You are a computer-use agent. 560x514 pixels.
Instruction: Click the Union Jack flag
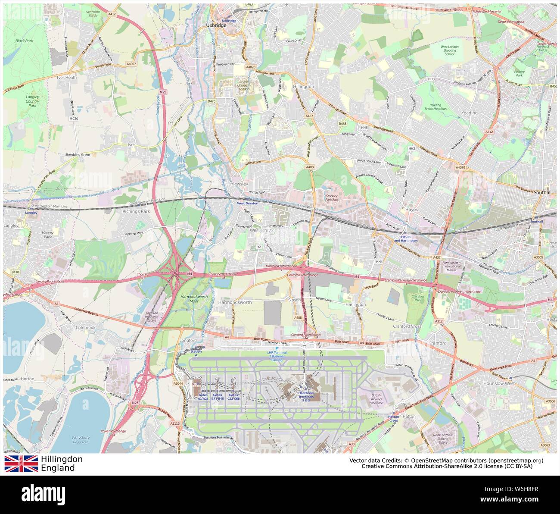[21, 464]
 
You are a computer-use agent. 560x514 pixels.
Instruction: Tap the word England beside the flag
[58, 468]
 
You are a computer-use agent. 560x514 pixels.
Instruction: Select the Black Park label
[24, 41]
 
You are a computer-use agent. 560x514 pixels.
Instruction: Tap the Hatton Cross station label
[393, 418]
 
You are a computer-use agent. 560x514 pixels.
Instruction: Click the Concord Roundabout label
[306, 335]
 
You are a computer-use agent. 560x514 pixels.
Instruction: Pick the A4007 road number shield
[131, 64]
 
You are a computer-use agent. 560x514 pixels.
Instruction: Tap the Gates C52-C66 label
[234, 397]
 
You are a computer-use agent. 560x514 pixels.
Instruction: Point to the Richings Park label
[136, 212]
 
